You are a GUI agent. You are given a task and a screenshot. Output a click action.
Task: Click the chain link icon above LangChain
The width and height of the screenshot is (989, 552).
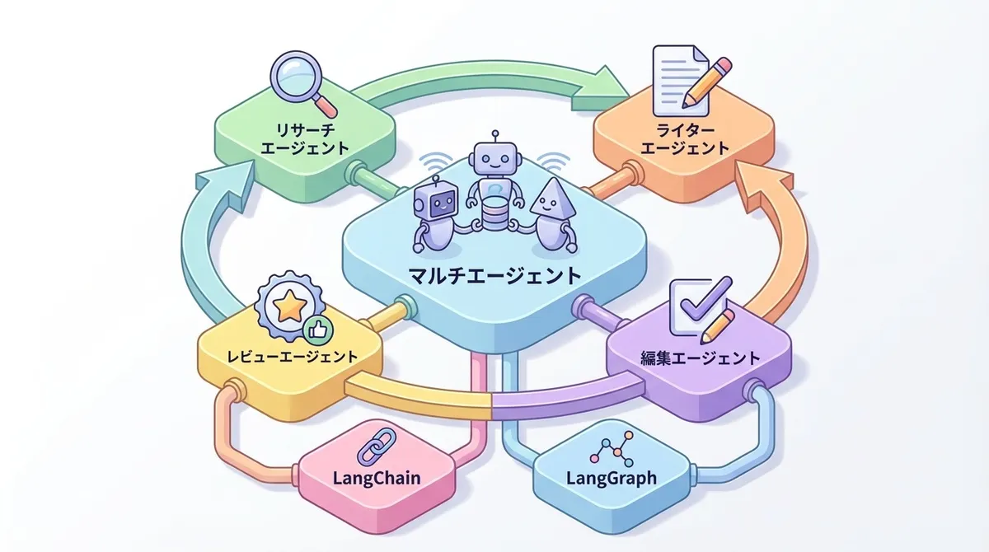tap(368, 449)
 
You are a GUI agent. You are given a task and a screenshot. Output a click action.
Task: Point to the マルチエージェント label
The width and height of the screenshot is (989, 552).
tap(494, 274)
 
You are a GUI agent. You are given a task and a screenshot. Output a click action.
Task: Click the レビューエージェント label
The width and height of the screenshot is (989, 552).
tap(293, 358)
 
